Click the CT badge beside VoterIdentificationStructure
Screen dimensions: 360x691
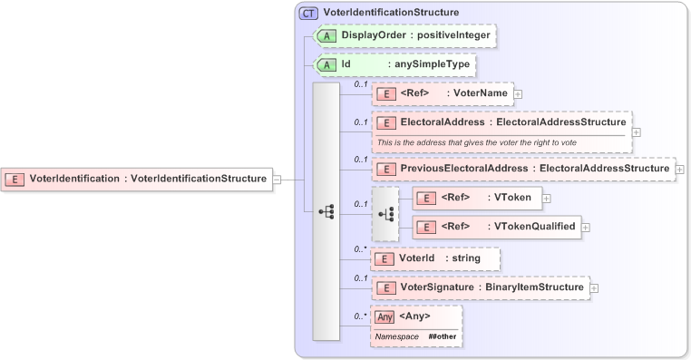(x=308, y=14)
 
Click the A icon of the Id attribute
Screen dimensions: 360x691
(x=326, y=65)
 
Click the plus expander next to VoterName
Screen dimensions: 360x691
(x=518, y=92)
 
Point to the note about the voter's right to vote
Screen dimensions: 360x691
(x=476, y=142)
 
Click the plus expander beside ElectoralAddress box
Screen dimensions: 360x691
(x=636, y=131)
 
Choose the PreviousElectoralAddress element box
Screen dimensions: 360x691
(x=523, y=169)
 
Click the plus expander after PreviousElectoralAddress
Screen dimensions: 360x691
(x=680, y=169)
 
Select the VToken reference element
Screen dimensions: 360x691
(x=477, y=198)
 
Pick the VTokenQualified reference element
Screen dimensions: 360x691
(x=495, y=227)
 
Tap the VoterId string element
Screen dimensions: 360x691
(x=436, y=258)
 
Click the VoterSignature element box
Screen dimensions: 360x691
(x=481, y=287)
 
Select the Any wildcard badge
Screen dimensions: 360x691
(x=385, y=316)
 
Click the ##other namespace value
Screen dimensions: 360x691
(x=443, y=336)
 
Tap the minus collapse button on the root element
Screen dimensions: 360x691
(x=277, y=179)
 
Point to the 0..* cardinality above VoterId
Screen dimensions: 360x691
(x=360, y=248)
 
